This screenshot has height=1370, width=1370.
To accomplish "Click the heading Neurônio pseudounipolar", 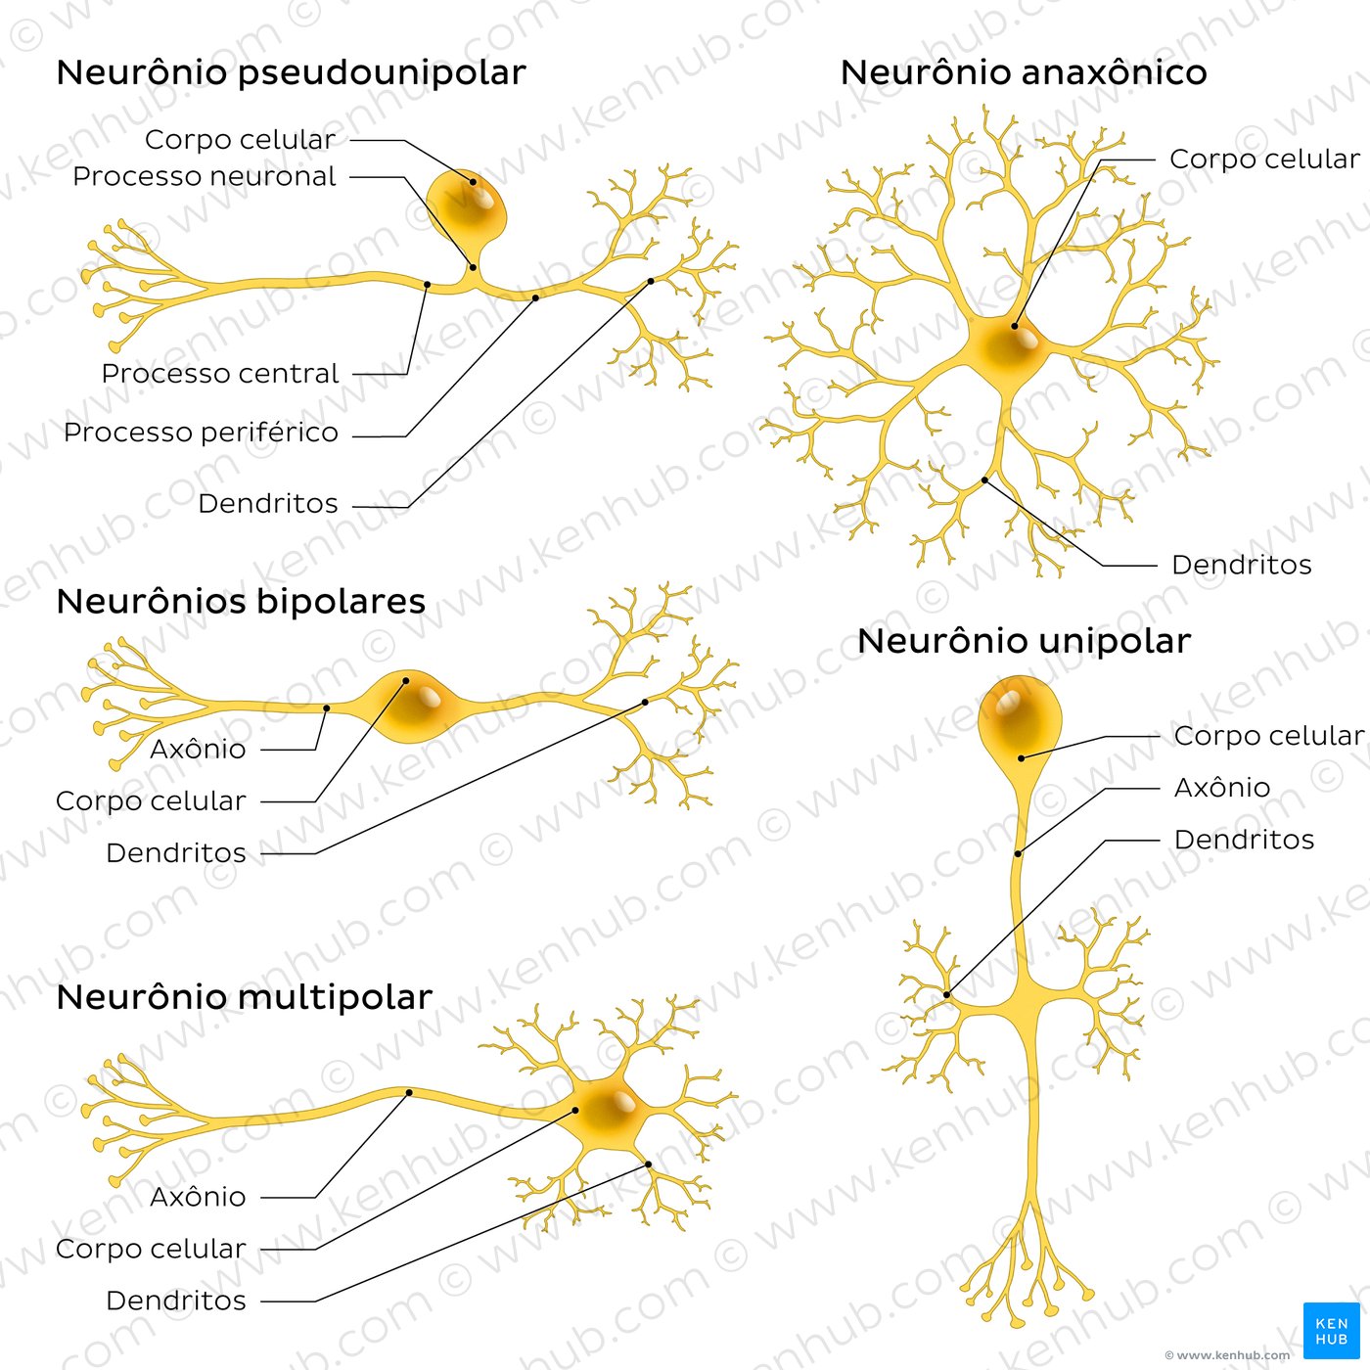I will (x=291, y=73).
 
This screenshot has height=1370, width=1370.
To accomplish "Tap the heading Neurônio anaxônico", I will (x=1023, y=73).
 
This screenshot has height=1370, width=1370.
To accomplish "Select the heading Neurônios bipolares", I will (x=241, y=602).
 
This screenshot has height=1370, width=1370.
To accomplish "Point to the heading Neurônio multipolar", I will (x=244, y=997).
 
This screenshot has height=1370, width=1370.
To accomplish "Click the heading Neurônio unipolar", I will (x=1024, y=642).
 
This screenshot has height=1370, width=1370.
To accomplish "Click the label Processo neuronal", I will (x=204, y=177).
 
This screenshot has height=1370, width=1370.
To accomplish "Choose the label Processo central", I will (x=220, y=374).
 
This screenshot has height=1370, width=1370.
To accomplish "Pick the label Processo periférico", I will (x=201, y=433).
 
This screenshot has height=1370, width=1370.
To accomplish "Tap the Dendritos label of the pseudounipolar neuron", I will (x=267, y=504).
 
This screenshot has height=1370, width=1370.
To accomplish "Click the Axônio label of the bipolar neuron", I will (x=198, y=750).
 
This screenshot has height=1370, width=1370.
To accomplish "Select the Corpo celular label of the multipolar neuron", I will (x=151, y=1250).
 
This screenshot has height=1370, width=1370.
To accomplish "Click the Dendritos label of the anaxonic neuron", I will (x=1241, y=566).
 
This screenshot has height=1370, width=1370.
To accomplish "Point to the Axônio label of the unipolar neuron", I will (x=1221, y=788).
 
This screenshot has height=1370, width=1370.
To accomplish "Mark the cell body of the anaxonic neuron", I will (x=1008, y=347).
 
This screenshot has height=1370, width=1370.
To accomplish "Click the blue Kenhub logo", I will (x=1331, y=1330).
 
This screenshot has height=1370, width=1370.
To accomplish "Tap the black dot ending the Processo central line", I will (x=427, y=285).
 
